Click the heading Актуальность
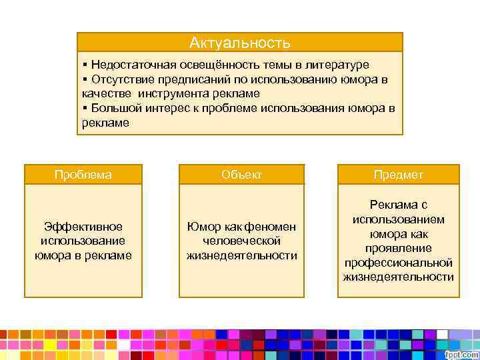tap(239, 43)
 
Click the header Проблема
tap(83, 175)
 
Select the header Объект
tap(241, 175)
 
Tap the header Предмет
tap(398, 175)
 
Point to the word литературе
tap(337, 65)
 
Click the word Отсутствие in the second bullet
tap(119, 79)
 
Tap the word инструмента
tap(173, 93)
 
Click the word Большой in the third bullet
tap(113, 108)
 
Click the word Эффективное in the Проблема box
tap(83, 227)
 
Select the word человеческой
tap(241, 241)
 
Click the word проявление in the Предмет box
tap(398, 248)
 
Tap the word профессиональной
tap(398, 262)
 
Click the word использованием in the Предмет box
tap(398, 219)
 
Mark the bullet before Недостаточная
tap(85, 65)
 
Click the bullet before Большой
tap(85, 108)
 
